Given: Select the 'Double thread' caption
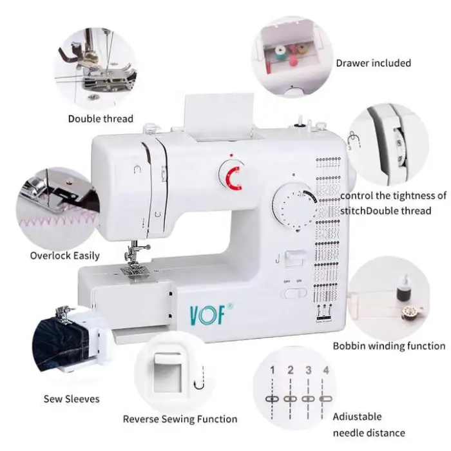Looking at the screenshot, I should point(101,119).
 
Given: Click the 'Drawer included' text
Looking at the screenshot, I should point(373,63).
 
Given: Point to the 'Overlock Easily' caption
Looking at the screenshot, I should point(65,256).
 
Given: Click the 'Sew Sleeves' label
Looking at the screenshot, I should point(72,399).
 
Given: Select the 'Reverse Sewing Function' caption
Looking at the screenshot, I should point(180,419).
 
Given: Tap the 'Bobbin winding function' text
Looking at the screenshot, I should point(389,346).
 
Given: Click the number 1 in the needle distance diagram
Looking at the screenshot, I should point(273,370).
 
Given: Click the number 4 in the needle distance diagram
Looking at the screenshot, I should point(325,370).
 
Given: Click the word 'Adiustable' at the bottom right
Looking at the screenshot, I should point(357,417).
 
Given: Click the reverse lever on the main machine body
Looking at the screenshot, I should point(296,257).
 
